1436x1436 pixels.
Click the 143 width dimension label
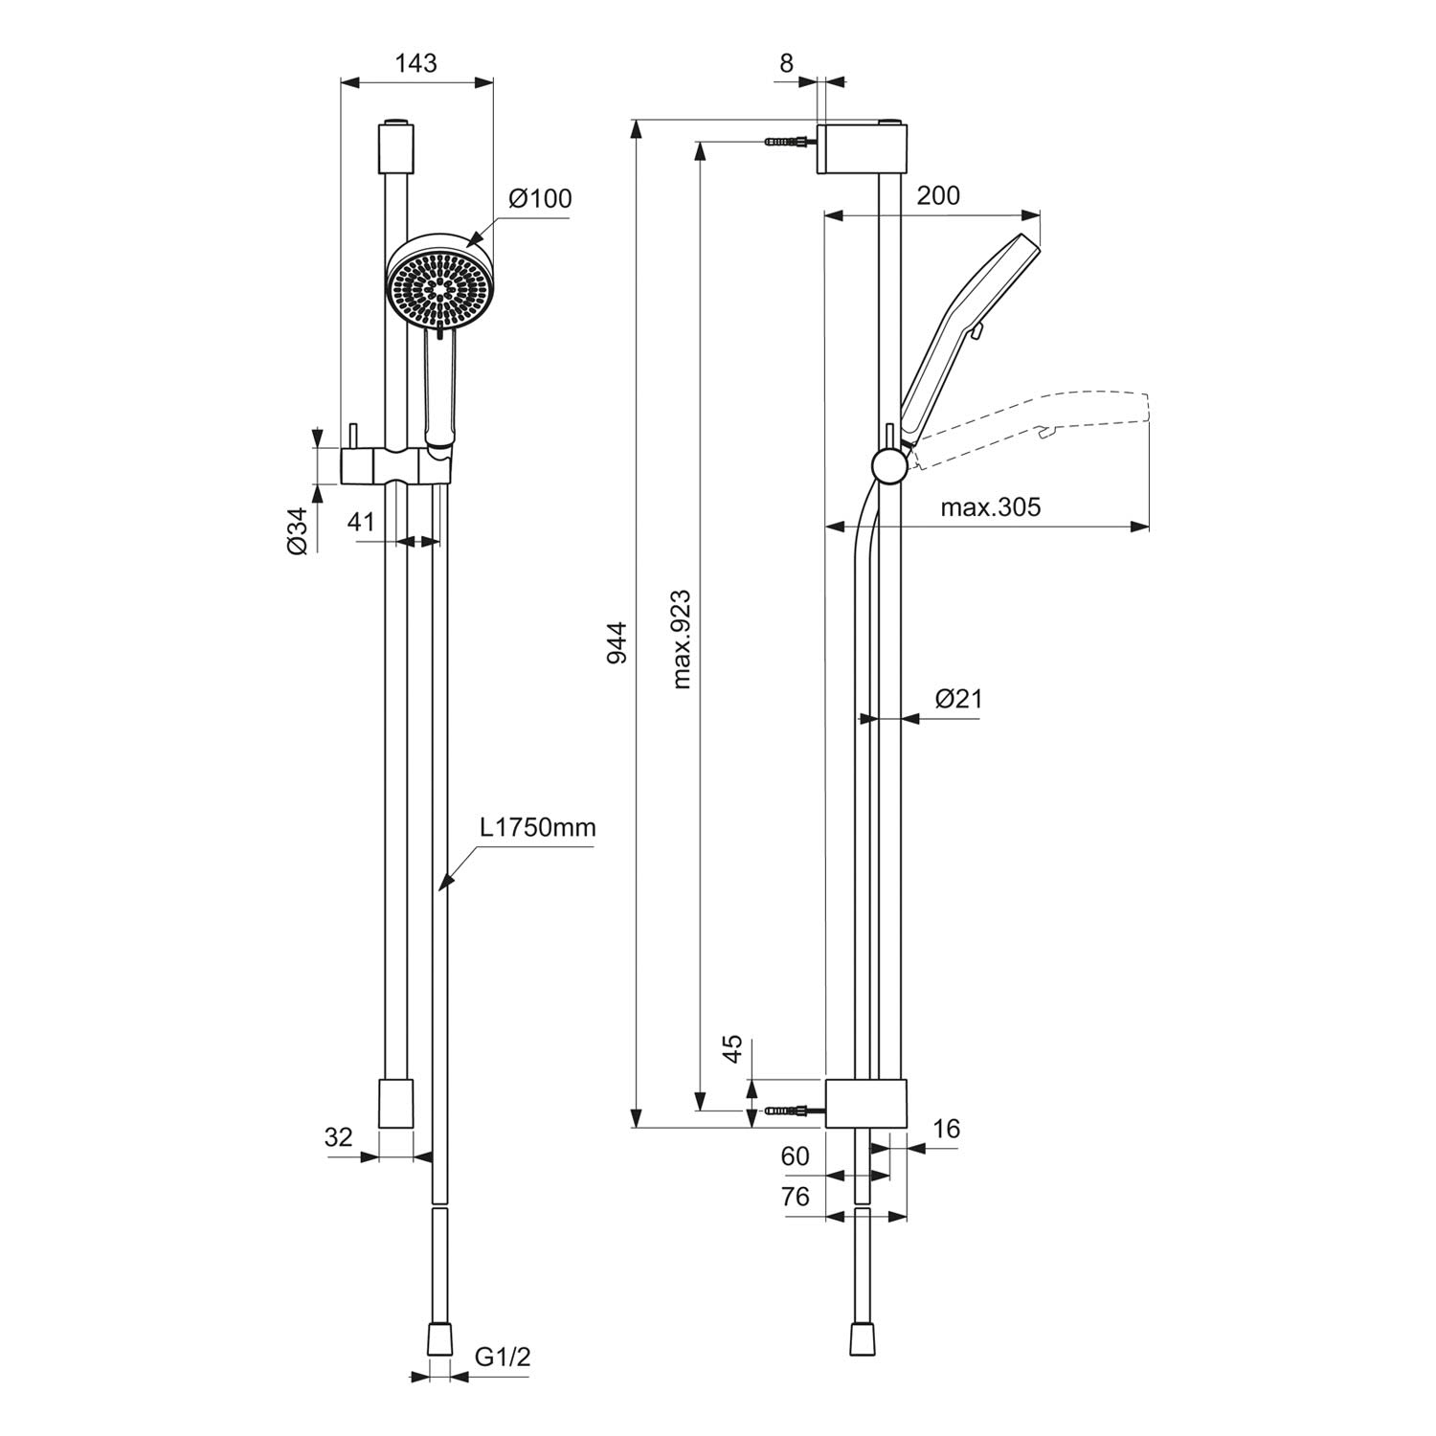416,63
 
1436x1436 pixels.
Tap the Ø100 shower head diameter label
540,198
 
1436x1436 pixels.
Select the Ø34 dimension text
298,530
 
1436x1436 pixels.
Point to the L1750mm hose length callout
538,827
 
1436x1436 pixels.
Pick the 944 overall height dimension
617,643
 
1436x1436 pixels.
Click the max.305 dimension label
990,507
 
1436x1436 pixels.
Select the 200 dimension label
938,195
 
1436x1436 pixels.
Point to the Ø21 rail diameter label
958,698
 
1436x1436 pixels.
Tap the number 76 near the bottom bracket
796,1196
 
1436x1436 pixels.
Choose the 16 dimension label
946,1130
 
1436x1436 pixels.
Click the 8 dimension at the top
787,63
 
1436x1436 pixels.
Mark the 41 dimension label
360,522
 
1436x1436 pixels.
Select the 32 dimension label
339,1137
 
